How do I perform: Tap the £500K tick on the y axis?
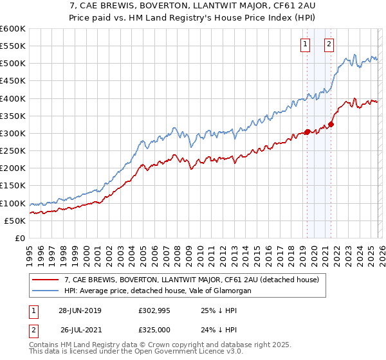click(13, 64)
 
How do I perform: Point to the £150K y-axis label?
click(13, 186)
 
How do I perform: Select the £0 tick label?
click(19, 239)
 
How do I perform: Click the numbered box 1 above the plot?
click(305, 44)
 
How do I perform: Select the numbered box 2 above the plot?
click(329, 44)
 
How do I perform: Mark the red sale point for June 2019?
click(308, 132)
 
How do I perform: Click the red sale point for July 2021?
click(331, 124)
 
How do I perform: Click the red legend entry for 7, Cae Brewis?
click(196, 280)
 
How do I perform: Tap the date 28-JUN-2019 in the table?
click(80, 310)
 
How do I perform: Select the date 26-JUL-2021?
click(80, 330)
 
